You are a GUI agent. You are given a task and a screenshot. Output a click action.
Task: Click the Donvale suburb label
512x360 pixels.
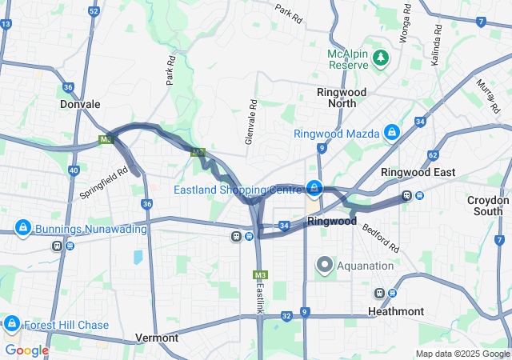click(80, 104)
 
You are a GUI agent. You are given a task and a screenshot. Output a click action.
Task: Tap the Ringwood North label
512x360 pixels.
click(342, 98)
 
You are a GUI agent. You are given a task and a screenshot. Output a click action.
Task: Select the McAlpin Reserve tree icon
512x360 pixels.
click(380, 58)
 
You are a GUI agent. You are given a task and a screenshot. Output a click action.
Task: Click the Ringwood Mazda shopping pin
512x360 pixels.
click(392, 132)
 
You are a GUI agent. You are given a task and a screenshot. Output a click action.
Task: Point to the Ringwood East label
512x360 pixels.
click(418, 172)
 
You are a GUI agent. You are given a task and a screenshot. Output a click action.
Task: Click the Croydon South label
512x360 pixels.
click(488, 206)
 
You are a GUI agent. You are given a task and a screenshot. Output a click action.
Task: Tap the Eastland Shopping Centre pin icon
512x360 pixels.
click(314, 189)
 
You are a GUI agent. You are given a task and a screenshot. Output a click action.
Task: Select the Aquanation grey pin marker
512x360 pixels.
click(325, 264)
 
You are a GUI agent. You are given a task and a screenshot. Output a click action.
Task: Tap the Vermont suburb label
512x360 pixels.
click(157, 338)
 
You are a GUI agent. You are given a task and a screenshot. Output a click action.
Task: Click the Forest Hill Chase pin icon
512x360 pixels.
click(12, 323)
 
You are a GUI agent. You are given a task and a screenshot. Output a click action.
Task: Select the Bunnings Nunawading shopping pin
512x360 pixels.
click(22, 228)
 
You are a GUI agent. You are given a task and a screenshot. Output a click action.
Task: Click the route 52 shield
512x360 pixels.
click(94, 11)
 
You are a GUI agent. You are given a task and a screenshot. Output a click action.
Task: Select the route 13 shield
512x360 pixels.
click(6, 24)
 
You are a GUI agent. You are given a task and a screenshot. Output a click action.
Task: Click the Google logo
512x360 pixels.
click(26, 350)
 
